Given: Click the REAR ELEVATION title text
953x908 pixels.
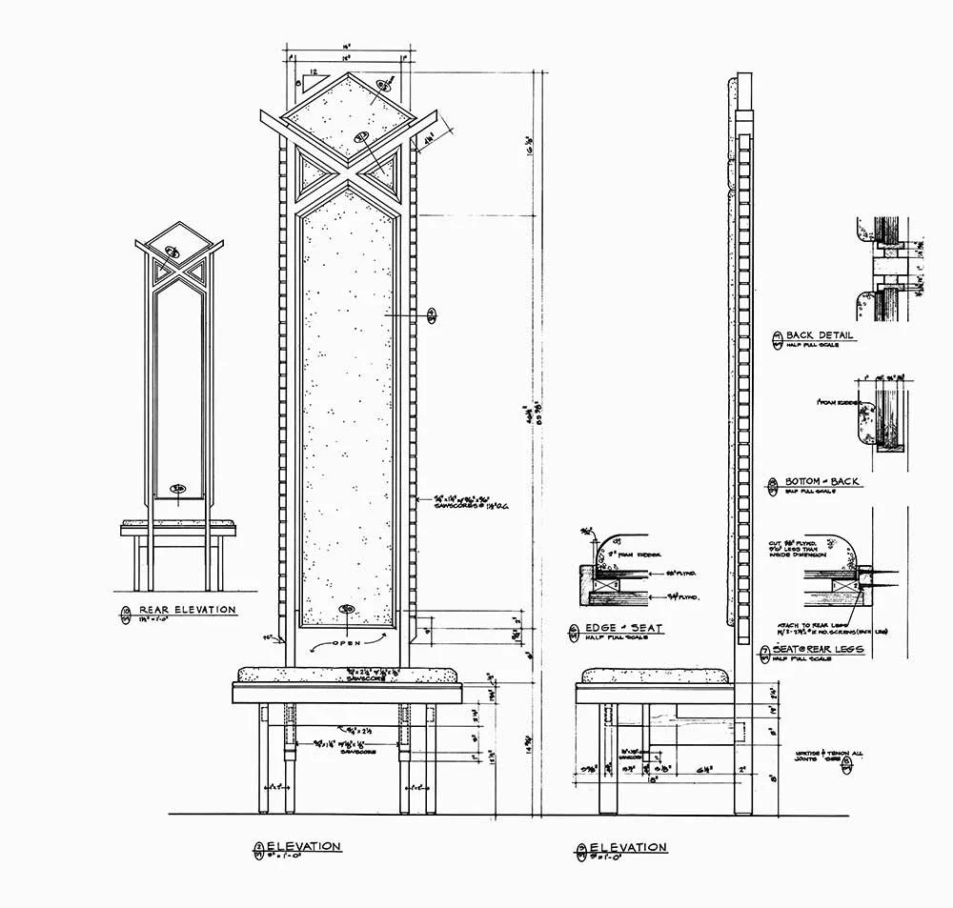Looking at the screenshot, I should [187, 610].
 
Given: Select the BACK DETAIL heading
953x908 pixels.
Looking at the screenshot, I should [819, 335].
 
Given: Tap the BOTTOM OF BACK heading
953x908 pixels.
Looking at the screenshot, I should [821, 482].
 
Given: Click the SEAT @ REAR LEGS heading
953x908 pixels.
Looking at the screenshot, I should [824, 649].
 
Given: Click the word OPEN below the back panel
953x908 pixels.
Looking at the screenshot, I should [347, 644].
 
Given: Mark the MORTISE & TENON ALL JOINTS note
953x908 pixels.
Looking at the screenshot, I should [831, 759].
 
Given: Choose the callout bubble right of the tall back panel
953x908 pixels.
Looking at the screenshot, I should [432, 313].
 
